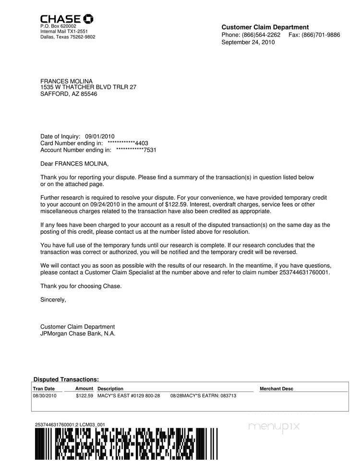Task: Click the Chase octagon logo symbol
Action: [88, 19]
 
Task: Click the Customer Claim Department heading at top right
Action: [265, 27]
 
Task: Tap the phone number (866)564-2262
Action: [261, 35]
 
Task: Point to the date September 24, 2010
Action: [248, 42]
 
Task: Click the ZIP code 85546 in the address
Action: [88, 94]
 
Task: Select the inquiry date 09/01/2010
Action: [100, 137]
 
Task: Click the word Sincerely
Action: [53, 300]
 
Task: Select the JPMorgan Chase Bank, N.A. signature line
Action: [78, 334]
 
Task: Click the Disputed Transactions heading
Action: [66, 380]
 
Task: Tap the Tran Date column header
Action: [44, 389]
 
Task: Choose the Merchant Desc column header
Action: [276, 389]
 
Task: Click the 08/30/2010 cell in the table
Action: [45, 396]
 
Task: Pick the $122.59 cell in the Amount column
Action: [84, 396]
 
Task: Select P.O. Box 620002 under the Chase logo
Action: [58, 26]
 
